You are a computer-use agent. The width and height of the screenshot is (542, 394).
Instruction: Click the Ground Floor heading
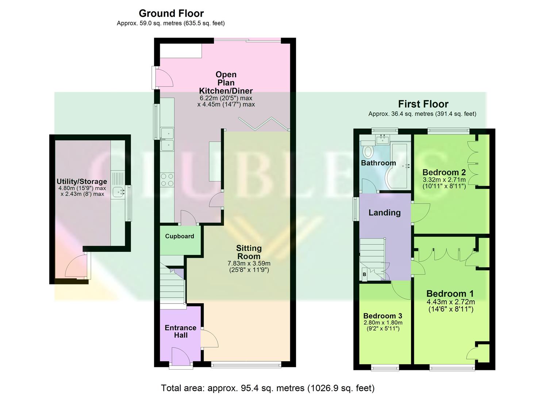pos(171,13)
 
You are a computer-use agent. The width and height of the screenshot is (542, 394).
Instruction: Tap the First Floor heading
pos(423,104)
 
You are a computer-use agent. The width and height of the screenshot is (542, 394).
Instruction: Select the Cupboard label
pos(180,236)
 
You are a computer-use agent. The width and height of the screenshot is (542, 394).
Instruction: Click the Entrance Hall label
pos(181,331)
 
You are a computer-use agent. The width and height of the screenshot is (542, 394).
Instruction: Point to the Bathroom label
pos(378,163)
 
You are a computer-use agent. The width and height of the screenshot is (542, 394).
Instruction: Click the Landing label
pos(384,213)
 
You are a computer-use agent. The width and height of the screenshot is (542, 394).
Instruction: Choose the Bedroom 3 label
pos(383,316)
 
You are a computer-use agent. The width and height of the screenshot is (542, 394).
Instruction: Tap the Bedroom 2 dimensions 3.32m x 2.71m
pos(444,180)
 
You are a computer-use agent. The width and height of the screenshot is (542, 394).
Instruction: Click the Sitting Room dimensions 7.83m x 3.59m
pos(249,263)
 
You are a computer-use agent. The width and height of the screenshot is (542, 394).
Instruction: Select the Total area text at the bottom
pos(268,388)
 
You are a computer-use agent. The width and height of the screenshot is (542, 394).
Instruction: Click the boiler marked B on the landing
pos(364,274)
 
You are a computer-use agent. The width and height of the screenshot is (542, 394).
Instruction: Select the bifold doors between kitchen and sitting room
pos(264,124)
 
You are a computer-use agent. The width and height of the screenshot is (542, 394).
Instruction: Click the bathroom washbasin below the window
pos(384,139)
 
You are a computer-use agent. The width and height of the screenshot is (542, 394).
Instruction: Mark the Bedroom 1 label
pos(450,294)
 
